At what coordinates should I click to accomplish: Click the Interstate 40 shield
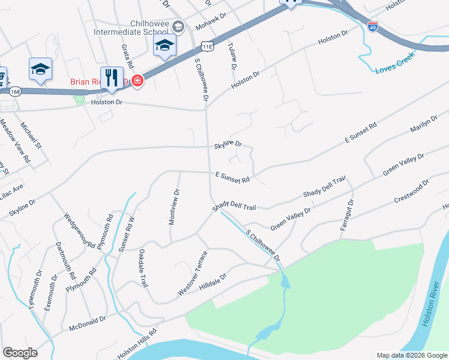pyautogui.click(x=373, y=27)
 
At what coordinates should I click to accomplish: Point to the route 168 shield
pyautogui.click(x=16, y=91)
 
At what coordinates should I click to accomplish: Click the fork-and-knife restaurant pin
pyautogui.click(x=111, y=78)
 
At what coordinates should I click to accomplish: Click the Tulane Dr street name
pyautogui.click(x=232, y=54)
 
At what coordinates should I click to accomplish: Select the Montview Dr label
pyautogui.click(x=175, y=207)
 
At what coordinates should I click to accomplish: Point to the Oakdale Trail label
pyautogui.click(x=143, y=268)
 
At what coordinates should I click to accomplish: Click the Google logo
pyautogui.click(x=20, y=353)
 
